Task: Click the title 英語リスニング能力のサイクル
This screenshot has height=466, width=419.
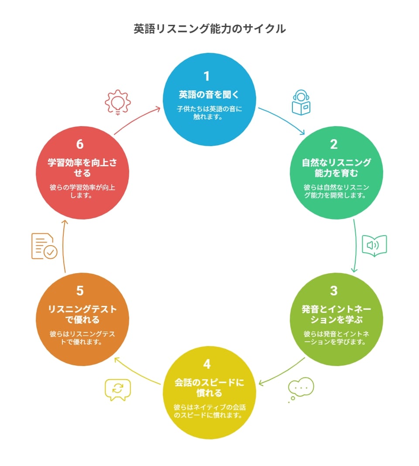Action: coord(209,29)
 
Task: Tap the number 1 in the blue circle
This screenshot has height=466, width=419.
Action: coord(207,76)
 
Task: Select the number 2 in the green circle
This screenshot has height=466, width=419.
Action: coord(333,144)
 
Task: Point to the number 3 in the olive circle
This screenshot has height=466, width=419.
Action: coord(333,291)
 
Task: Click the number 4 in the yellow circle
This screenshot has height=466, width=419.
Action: coord(207,364)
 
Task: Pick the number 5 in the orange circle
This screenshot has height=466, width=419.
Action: coord(80,291)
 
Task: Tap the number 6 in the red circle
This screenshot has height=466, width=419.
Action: coord(80,144)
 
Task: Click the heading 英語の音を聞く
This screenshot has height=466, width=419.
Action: coord(209,95)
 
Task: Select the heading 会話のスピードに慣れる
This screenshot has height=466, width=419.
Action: coord(209,387)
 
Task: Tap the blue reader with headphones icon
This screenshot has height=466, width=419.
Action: coord(301,102)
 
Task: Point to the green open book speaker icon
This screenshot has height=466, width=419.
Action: coord(374,246)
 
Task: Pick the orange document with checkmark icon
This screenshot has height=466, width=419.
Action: coord(45,246)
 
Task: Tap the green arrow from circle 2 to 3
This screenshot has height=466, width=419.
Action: coord(356,246)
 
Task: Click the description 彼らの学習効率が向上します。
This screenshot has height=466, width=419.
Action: coord(82,191)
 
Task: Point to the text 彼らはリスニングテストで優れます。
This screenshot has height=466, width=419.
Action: coord(82,338)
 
